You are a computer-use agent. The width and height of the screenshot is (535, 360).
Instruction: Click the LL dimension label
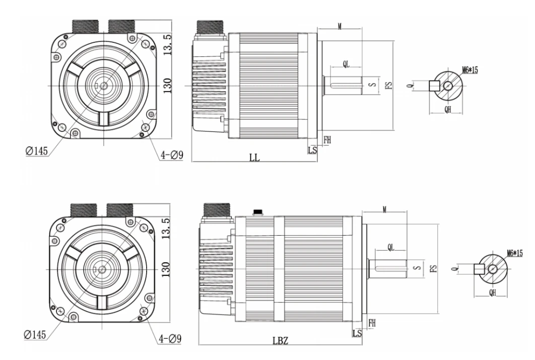pos(254,158)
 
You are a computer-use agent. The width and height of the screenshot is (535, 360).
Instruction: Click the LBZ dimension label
pos(280,340)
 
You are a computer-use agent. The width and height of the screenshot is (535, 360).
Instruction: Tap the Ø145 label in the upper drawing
pos(36,151)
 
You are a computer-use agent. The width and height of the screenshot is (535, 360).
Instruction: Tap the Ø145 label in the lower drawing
pos(35,334)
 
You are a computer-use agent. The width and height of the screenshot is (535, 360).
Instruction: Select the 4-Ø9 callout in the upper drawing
pos(172,156)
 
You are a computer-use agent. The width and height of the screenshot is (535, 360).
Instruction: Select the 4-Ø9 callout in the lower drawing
pos(170,339)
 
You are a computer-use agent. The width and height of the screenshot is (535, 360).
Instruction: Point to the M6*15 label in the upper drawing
pos(470,70)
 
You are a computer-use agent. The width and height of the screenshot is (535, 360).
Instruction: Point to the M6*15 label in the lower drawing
pos(514,253)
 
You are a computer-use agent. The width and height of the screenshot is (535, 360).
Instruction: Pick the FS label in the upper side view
pos(388,85)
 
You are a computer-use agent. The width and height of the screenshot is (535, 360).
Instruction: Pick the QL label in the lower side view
pos(391,248)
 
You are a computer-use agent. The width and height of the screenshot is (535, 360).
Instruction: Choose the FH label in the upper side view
pos(327,140)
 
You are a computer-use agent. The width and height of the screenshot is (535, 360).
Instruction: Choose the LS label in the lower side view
pos(357,333)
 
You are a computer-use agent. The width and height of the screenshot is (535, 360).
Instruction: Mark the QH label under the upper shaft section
pos(448,109)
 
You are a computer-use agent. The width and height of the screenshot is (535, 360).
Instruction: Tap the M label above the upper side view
pos(340,26)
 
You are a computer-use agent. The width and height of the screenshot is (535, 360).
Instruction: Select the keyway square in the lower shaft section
pos(480,269)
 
